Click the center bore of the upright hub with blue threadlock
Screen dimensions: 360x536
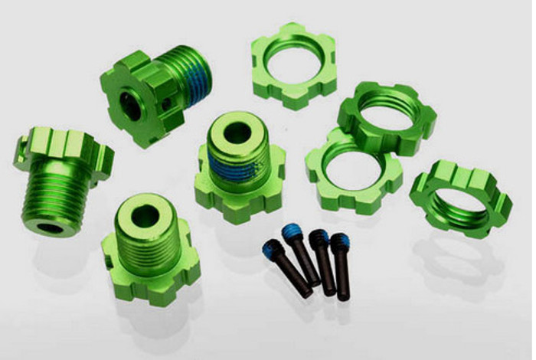point(238,128)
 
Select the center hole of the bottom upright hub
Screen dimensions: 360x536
point(145,217)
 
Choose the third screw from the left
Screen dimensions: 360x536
point(322,260)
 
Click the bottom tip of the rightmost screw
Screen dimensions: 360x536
point(345,296)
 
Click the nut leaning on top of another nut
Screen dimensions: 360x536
point(387,115)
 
